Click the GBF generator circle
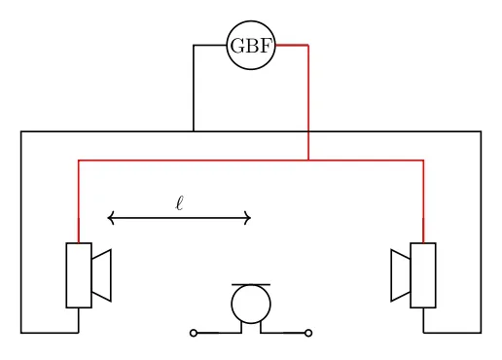pyautogui.click(x=251, y=46)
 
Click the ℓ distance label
pyautogui.click(x=180, y=203)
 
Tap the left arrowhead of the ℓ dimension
pyautogui.click(x=110, y=218)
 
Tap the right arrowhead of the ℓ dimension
pyautogui.click(x=249, y=218)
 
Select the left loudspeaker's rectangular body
pyautogui.click(x=79, y=275)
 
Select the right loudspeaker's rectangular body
pyautogui.click(x=423, y=275)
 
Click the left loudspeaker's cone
pyautogui.click(x=102, y=275)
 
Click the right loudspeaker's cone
pyautogui.click(x=400, y=275)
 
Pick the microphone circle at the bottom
pyautogui.click(x=251, y=304)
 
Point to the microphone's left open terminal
pyautogui.click(x=194, y=333)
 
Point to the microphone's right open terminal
pyautogui.click(x=308, y=333)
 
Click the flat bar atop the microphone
pyautogui.click(x=251, y=284)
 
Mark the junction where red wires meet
pyautogui.click(x=308, y=160)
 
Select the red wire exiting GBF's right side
pyautogui.click(x=292, y=46)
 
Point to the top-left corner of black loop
pyautogui.click(x=21, y=131)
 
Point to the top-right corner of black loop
pyautogui.click(x=481, y=131)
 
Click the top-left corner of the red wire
pyautogui.click(x=79, y=160)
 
